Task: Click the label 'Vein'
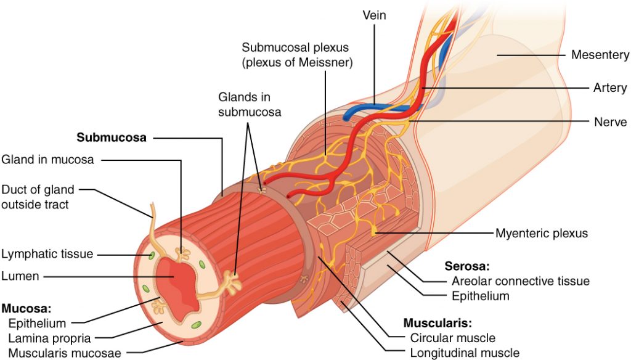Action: pyautogui.click(x=373, y=15)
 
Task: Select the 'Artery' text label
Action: pyautogui.click(x=610, y=88)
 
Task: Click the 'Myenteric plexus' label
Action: pyautogui.click(x=542, y=234)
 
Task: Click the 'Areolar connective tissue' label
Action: pyautogui.click(x=516, y=281)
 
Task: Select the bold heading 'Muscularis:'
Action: pyautogui.click(x=433, y=323)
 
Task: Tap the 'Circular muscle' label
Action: pyautogui.click(x=452, y=338)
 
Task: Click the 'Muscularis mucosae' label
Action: pyautogui.click(x=65, y=353)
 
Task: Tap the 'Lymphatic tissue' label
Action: pyautogui.click(x=47, y=253)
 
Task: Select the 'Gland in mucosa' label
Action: pyautogui.click(x=47, y=160)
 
